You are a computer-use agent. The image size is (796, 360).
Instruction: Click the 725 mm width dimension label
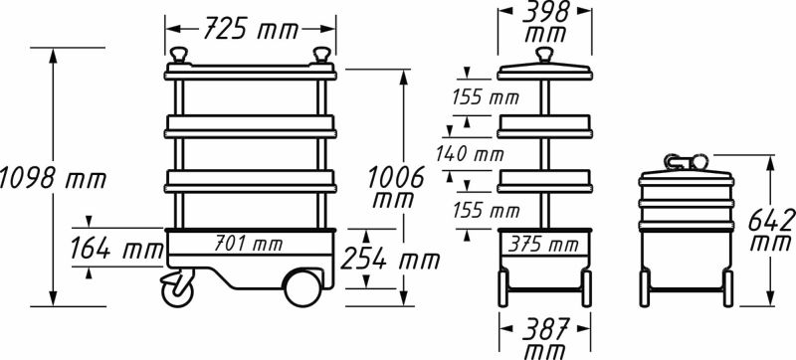point(251,31)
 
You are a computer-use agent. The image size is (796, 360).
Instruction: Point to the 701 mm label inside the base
point(249,242)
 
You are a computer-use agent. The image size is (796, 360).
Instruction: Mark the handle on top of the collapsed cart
point(687,159)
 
